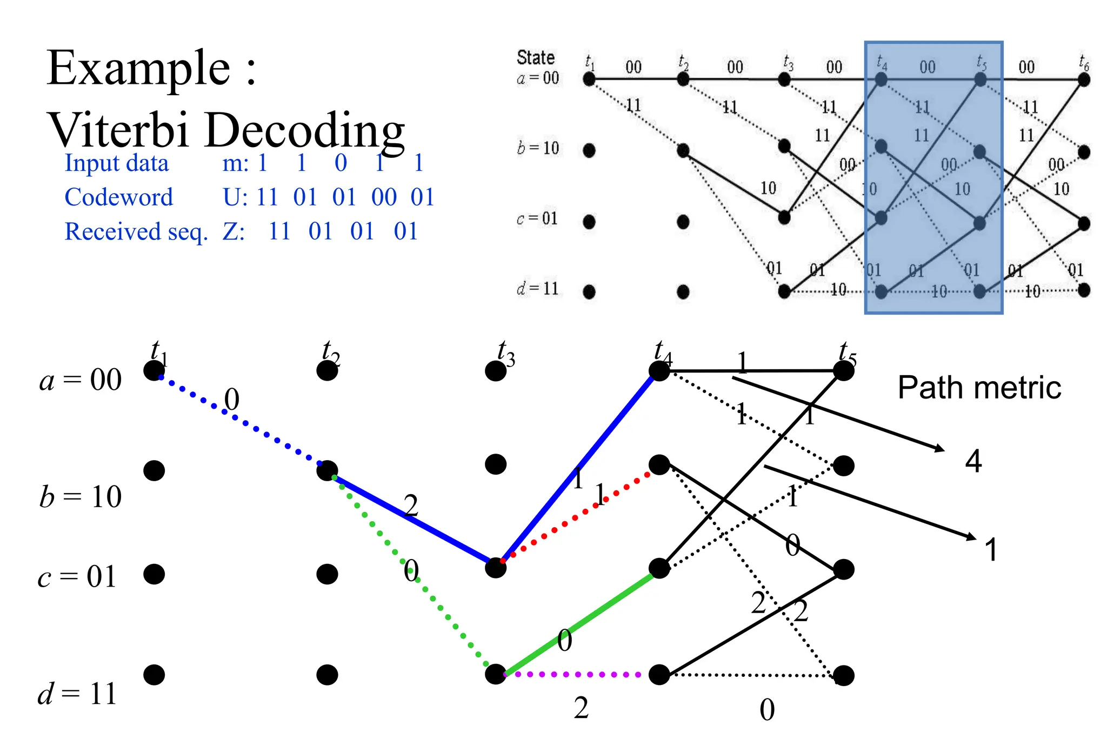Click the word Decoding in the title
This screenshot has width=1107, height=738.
pyautogui.click(x=305, y=131)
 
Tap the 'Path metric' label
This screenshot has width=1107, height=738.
pyautogui.click(x=979, y=388)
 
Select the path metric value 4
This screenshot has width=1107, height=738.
pyautogui.click(x=973, y=462)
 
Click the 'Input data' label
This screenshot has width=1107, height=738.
pyautogui.click(x=116, y=163)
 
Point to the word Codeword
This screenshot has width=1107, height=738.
pyautogui.click(x=118, y=197)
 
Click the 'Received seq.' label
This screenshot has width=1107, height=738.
pyautogui.click(x=136, y=231)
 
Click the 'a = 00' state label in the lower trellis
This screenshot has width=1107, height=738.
pyautogui.click(x=80, y=380)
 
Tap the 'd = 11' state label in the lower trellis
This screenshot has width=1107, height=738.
pyautogui.click(x=77, y=694)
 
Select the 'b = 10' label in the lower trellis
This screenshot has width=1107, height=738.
pyautogui.click(x=80, y=496)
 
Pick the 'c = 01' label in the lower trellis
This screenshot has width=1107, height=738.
pyautogui.click(x=77, y=576)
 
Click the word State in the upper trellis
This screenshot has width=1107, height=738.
pyautogui.click(x=535, y=57)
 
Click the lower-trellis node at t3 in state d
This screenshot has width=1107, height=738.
pyautogui.click(x=495, y=674)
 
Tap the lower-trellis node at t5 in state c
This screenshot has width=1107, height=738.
pyautogui.click(x=843, y=569)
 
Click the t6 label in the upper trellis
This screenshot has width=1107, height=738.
pyautogui.click(x=1083, y=62)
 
